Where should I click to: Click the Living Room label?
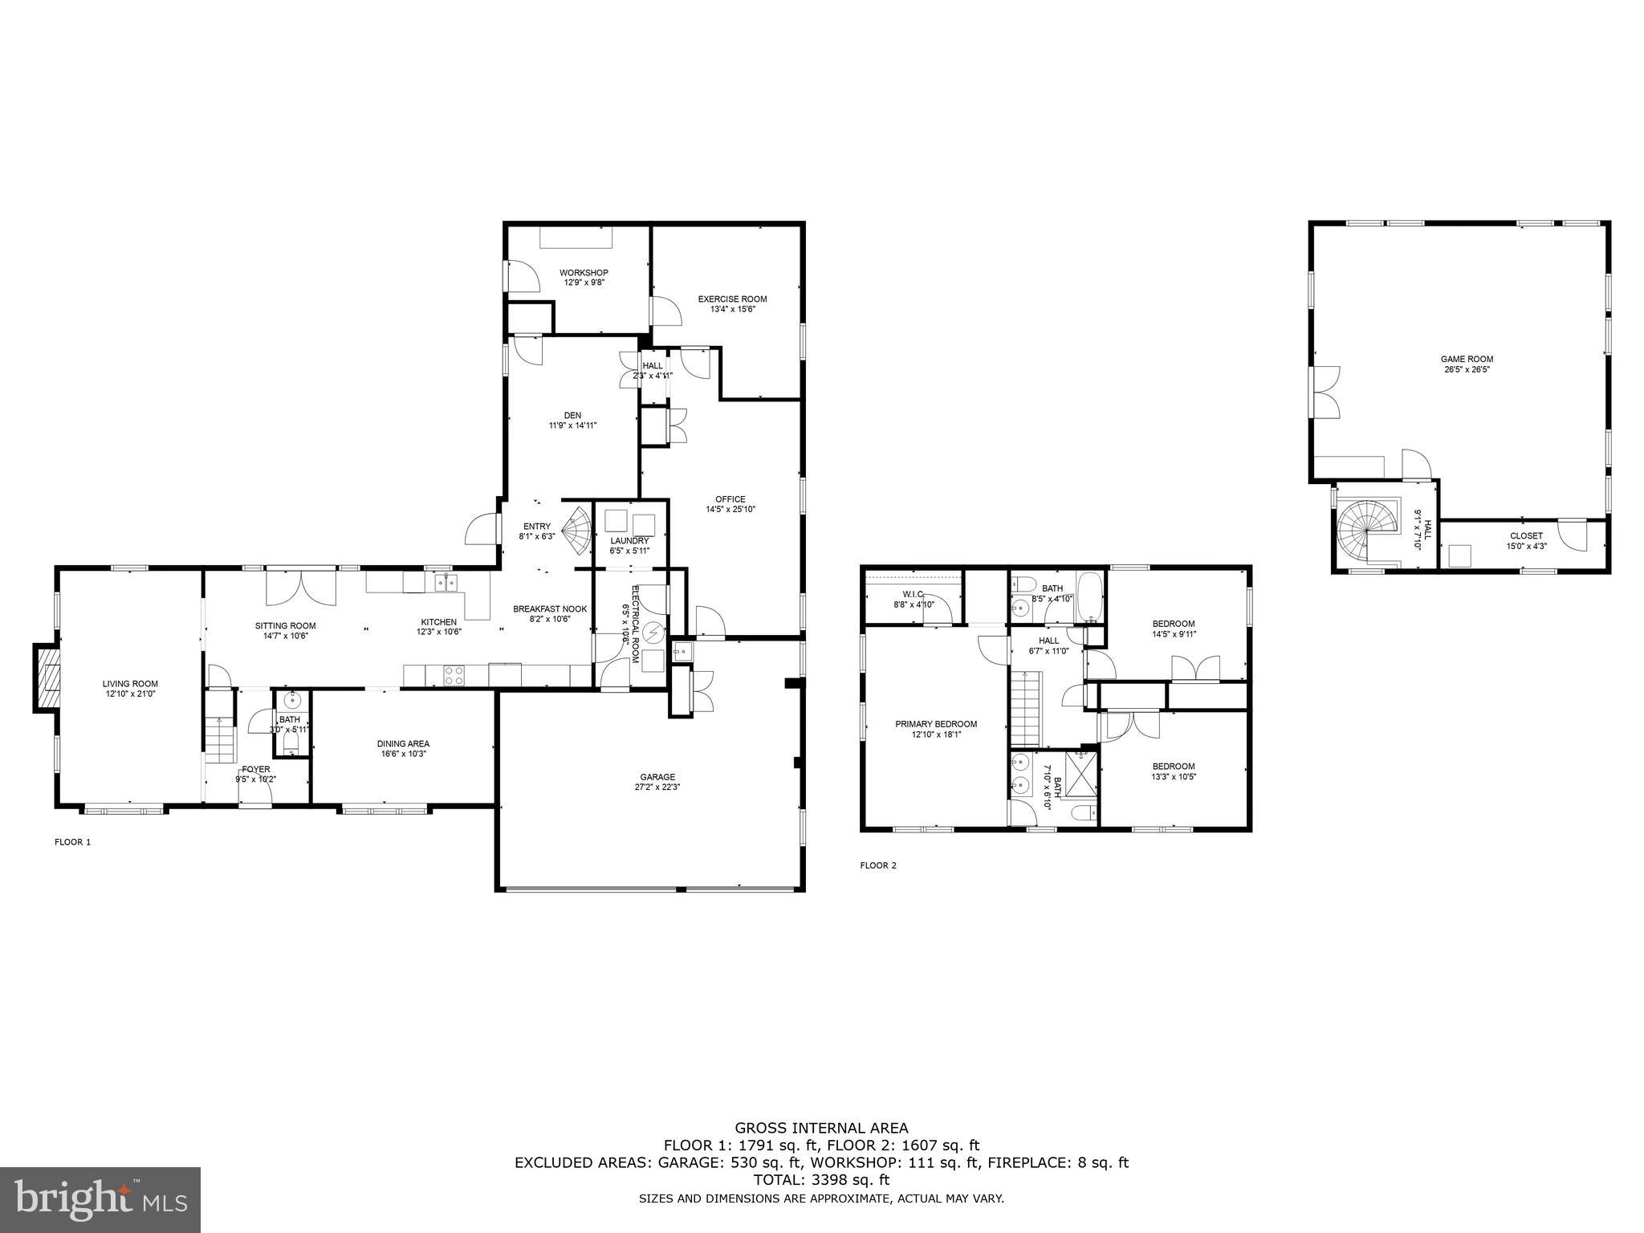130,683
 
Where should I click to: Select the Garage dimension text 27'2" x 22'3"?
657,787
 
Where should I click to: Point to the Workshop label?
584,273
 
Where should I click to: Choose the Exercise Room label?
731,299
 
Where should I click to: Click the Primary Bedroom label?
936,724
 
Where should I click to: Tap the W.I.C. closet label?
914,595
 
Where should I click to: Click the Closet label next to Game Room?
1525,536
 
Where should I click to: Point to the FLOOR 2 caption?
878,865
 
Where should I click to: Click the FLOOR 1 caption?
72,842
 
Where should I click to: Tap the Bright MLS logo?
100,1199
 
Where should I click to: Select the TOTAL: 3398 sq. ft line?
821,1180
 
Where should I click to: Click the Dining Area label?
403,744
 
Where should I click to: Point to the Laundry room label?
629,541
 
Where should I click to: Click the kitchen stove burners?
454,675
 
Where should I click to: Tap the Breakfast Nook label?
550,609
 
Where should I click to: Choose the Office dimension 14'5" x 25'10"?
730,509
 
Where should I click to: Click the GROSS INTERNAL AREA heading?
821,1128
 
